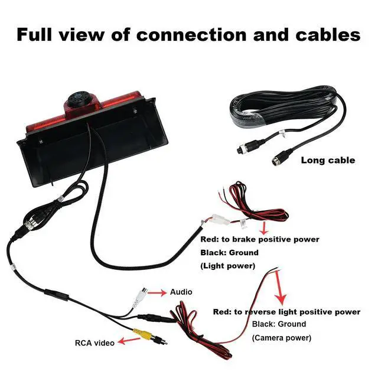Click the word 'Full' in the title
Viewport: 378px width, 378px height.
(37, 34)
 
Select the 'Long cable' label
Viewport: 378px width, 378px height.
(328, 160)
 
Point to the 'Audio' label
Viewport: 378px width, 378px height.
(181, 292)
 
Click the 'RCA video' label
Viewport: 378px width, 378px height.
(94, 342)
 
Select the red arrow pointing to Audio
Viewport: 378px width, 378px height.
(157, 292)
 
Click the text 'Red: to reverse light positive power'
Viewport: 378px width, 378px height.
(286, 311)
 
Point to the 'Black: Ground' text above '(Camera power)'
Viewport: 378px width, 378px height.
(279, 324)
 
